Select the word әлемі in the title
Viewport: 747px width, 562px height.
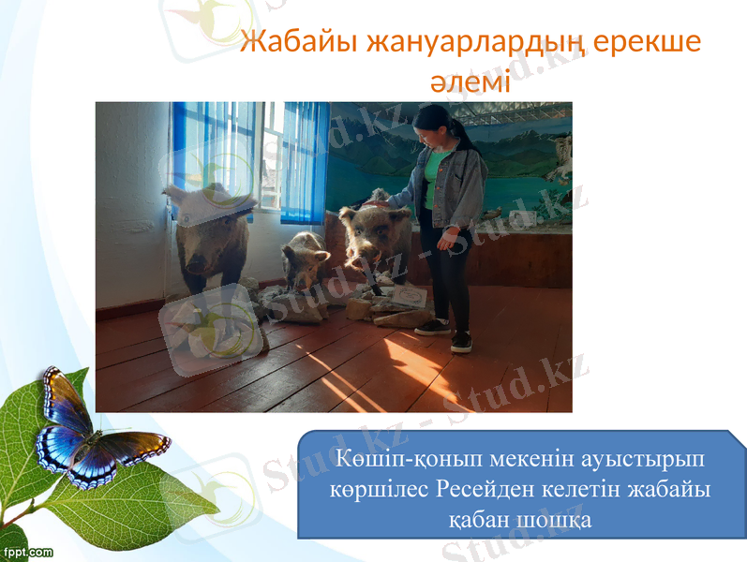point(470,81)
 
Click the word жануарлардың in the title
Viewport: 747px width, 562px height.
point(478,43)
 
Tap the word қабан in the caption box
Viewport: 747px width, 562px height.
point(477,518)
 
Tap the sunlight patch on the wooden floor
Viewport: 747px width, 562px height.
point(412,365)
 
